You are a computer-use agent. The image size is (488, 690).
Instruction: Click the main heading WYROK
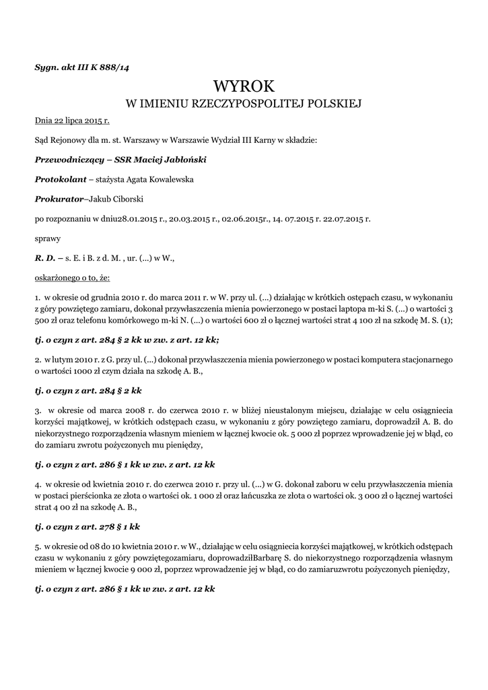point(244,86)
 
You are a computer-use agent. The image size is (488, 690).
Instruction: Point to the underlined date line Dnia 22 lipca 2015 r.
point(72,121)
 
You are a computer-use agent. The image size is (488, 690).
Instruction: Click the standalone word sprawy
point(47,238)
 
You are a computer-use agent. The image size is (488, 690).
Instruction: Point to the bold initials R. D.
point(44,257)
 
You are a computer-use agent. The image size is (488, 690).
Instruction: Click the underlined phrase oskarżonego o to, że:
point(73,277)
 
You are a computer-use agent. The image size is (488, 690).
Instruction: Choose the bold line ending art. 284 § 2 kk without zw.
point(88,390)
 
